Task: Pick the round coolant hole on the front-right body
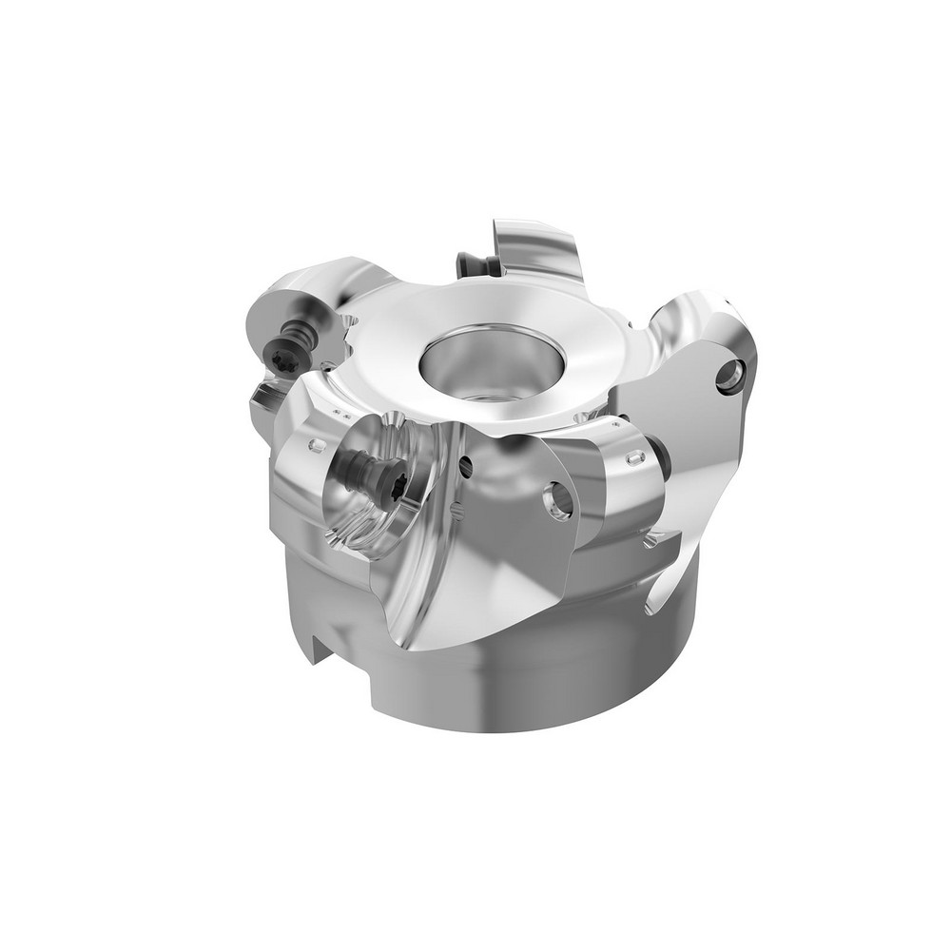[x=559, y=500]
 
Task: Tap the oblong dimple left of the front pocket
[x=318, y=444]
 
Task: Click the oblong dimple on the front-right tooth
[x=634, y=458]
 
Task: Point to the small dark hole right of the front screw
[x=465, y=465]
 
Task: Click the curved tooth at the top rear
[x=537, y=249]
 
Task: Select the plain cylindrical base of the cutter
[x=533, y=685]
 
